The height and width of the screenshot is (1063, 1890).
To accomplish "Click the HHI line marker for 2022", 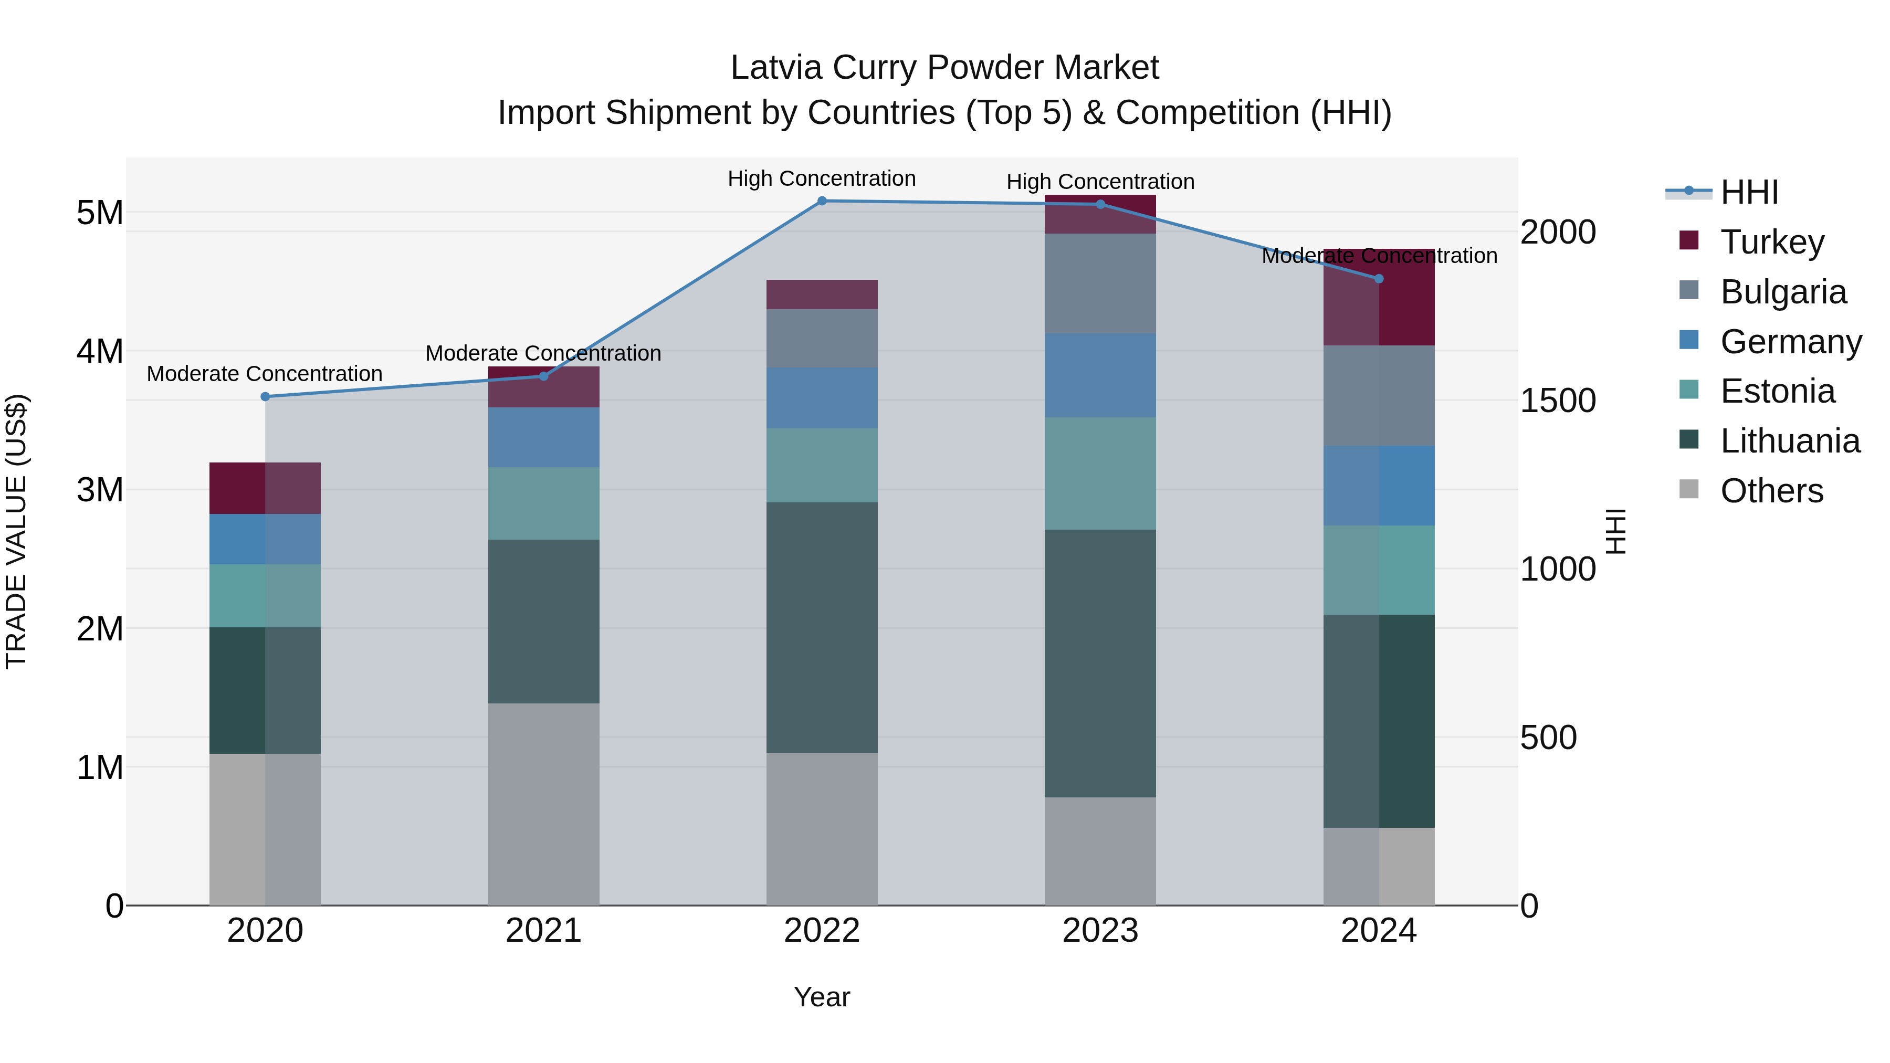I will [x=822, y=201].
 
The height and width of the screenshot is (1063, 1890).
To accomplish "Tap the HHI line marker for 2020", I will [x=266, y=397].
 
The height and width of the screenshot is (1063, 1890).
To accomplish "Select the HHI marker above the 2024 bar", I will [x=1379, y=279].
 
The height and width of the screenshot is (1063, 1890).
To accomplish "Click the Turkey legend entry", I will [x=1772, y=242].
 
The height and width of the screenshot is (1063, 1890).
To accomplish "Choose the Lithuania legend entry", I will [x=1790, y=441].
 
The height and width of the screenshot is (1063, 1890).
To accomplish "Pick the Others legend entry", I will [x=1771, y=491].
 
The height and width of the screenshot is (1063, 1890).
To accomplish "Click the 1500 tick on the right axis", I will [x=1557, y=401].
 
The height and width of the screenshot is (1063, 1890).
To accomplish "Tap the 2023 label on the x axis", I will [x=1100, y=931].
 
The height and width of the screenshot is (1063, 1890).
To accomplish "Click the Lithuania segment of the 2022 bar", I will [x=822, y=627].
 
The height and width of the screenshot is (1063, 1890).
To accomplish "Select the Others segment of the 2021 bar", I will [x=544, y=804].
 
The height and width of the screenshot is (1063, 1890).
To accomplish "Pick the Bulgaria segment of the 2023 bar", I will [x=1100, y=284].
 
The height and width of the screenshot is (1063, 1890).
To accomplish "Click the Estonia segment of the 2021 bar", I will [x=544, y=504].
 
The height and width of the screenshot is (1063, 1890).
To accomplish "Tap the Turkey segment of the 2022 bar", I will [x=822, y=294].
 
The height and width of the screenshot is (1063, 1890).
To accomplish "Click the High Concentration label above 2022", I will [x=822, y=179].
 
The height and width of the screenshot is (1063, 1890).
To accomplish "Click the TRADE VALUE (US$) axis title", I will [x=16, y=531].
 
